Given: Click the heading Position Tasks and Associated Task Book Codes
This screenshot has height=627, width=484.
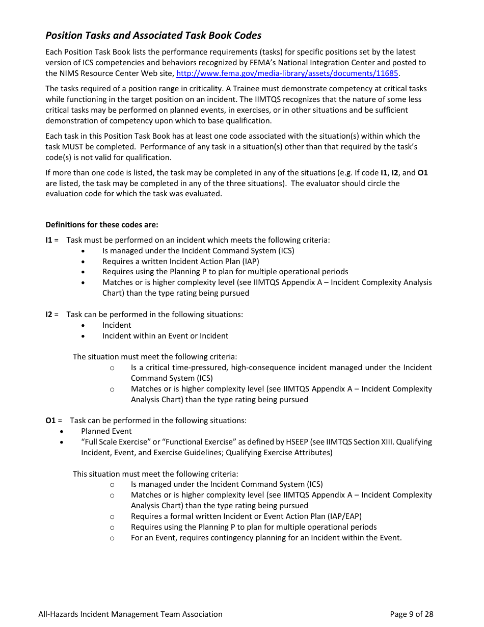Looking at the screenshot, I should tap(153, 35).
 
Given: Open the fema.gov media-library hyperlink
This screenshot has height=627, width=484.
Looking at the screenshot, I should tap(287, 73).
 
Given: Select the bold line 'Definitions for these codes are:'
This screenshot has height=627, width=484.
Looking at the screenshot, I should tap(102, 225).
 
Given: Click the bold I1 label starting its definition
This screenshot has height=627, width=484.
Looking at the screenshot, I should tap(49, 240).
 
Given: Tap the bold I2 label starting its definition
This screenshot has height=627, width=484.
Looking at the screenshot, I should tap(49, 315).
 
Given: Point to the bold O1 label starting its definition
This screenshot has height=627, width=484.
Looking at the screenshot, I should tap(50, 421).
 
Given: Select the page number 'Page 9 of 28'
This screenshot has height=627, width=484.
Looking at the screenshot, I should tap(411, 614).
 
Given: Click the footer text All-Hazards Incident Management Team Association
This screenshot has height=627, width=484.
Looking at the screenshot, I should tap(130, 614).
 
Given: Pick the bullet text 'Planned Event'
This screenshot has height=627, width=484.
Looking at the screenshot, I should tap(106, 431).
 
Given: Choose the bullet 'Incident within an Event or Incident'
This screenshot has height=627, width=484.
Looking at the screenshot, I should tap(165, 336).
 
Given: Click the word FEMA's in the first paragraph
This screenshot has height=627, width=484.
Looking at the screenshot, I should tap(303, 63).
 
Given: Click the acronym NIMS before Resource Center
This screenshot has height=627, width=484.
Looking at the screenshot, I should tap(70, 73).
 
